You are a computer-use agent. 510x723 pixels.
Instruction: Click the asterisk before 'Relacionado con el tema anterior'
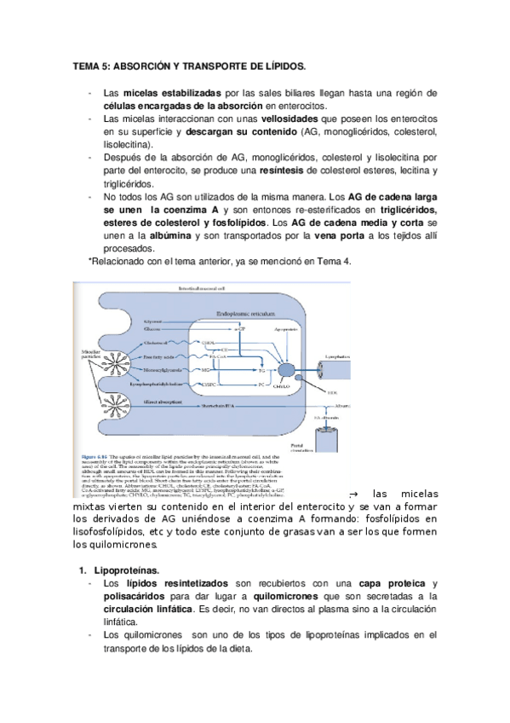pyautogui.click(x=89, y=261)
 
